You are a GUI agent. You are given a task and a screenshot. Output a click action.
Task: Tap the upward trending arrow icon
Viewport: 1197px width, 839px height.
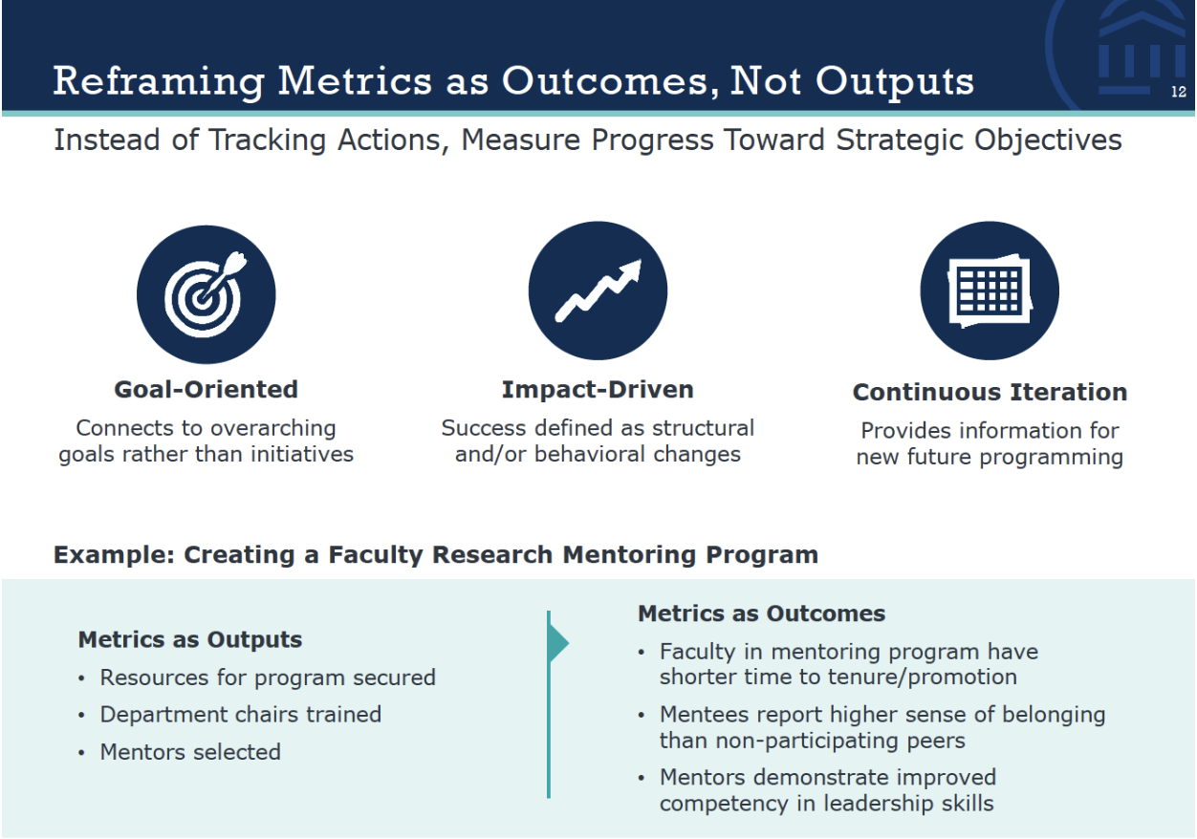point(598,290)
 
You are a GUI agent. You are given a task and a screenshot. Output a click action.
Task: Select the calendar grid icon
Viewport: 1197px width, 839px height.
point(990,290)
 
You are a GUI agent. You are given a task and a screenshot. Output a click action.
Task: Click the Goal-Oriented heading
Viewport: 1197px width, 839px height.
point(206,390)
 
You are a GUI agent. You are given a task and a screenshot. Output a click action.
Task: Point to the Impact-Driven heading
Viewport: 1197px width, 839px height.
point(598,390)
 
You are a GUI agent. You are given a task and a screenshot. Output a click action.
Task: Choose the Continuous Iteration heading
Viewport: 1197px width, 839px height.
point(990,393)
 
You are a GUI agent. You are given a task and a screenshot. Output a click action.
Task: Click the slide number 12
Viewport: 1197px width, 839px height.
point(1178,93)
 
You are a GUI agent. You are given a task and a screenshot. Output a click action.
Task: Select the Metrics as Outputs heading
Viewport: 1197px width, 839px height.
point(189,640)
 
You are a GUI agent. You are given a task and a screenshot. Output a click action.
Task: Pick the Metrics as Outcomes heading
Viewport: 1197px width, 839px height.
point(761,613)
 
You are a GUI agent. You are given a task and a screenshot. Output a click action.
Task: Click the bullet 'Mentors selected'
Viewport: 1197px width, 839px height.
point(190,752)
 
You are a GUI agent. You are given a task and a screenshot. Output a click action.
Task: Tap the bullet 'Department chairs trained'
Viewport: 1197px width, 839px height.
point(240,715)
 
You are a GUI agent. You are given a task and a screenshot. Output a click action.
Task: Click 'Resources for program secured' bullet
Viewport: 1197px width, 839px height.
point(268,678)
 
